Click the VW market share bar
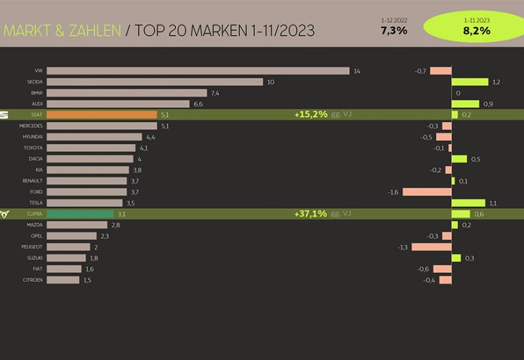tap(198, 71)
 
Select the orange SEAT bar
tap(102, 115)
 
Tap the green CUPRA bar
tap(80, 213)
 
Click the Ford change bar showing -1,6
tap(427, 192)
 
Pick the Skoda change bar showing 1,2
tap(470, 82)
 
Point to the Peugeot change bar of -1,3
tap(432, 247)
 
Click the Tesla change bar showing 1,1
tap(468, 203)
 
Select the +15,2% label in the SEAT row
tap(311, 115)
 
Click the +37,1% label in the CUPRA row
tap(311, 213)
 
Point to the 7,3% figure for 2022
tap(394, 31)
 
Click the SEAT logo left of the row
tap(6, 115)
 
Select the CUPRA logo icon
tap(6, 213)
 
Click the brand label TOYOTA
tap(33, 148)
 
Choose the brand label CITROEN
tap(32, 280)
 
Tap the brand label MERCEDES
tap(31, 126)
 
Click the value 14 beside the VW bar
tap(356, 71)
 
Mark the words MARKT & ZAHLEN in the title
tap(62, 31)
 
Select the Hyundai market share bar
tap(94, 137)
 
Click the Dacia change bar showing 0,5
tap(459, 159)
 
